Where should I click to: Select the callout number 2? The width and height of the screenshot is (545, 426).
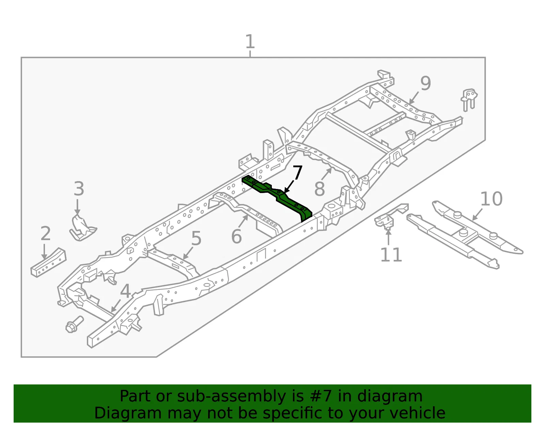pyautogui.click(x=46, y=233)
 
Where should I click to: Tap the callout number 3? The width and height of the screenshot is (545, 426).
pyautogui.click(x=79, y=189)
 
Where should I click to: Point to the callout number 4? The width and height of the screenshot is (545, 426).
pyautogui.click(x=125, y=291)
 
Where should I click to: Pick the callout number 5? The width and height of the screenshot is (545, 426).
pyautogui.click(x=196, y=238)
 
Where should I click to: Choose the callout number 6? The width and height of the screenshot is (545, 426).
pyautogui.click(x=236, y=236)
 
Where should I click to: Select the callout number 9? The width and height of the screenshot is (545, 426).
pyautogui.click(x=426, y=83)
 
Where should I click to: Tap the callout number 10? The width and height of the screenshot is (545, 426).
pyautogui.click(x=491, y=199)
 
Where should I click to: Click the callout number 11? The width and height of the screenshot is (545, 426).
pyautogui.click(x=391, y=255)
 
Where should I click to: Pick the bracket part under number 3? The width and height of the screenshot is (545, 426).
pyautogui.click(x=82, y=228)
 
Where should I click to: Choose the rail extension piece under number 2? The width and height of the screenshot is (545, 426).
pyautogui.click(x=48, y=263)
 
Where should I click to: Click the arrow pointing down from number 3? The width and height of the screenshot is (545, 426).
pyautogui.click(x=77, y=207)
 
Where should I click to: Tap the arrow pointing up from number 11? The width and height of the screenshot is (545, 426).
pyautogui.click(x=389, y=237)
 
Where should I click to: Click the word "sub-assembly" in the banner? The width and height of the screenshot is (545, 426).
pyautogui.click(x=231, y=396)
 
